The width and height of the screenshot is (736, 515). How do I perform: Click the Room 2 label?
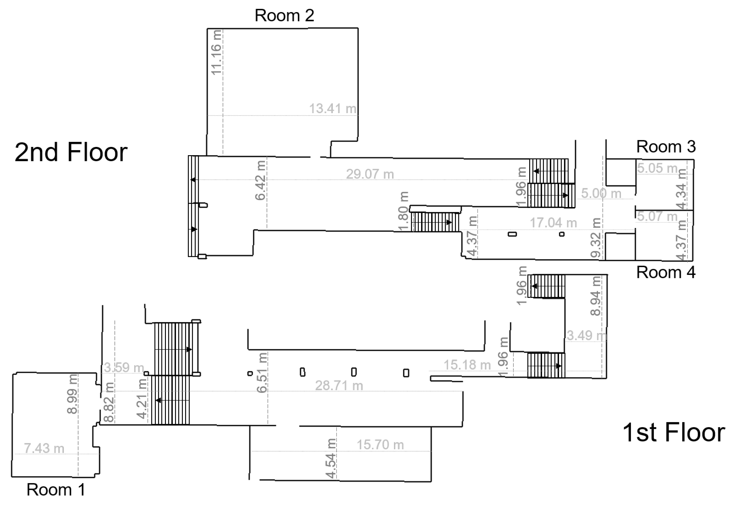click(284, 15)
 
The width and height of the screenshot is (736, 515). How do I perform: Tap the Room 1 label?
click(56, 490)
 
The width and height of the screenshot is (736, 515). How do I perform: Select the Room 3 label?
click(666, 147)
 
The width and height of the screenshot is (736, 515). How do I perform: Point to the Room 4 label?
click(666, 273)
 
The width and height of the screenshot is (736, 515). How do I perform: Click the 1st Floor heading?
click(674, 432)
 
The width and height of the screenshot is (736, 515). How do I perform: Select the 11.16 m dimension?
click(216, 52)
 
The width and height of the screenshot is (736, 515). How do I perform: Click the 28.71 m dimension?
click(339, 385)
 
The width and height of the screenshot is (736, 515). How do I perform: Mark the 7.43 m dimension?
click(44, 448)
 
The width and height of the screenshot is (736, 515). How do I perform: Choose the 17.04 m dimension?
click(553, 223)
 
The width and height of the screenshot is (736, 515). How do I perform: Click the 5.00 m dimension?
click(601, 194)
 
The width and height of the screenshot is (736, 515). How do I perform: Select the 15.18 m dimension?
click(467, 365)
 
